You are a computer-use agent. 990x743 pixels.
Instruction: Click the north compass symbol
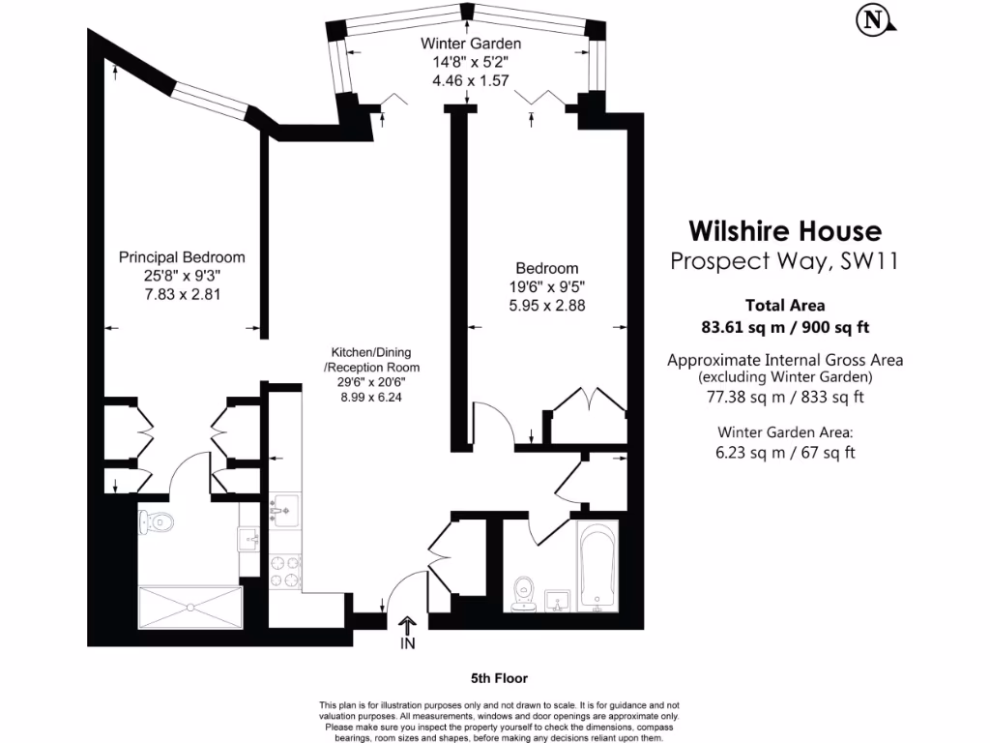coord(874,18)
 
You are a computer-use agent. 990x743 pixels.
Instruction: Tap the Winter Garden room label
coord(471,44)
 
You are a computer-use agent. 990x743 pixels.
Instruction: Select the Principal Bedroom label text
coord(182,257)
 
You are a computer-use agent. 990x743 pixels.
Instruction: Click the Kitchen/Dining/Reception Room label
coord(375,360)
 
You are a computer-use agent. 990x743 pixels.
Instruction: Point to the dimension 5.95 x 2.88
coord(546,305)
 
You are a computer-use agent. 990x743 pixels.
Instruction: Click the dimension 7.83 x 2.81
coord(182,294)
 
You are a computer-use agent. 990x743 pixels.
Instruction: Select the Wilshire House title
coord(785,231)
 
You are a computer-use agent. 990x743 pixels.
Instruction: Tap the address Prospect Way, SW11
coord(785,261)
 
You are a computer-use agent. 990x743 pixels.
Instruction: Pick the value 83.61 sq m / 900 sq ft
coord(785,326)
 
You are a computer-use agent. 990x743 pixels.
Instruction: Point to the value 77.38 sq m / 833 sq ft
coord(785,397)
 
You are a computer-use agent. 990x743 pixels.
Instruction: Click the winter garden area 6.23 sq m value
coord(785,452)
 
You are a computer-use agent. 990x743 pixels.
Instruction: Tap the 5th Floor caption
coord(500,678)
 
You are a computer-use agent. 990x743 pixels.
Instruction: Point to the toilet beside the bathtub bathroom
coord(525,592)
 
